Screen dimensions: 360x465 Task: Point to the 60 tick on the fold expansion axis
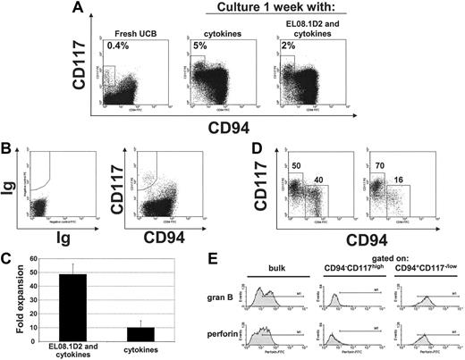(x=38, y=260)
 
